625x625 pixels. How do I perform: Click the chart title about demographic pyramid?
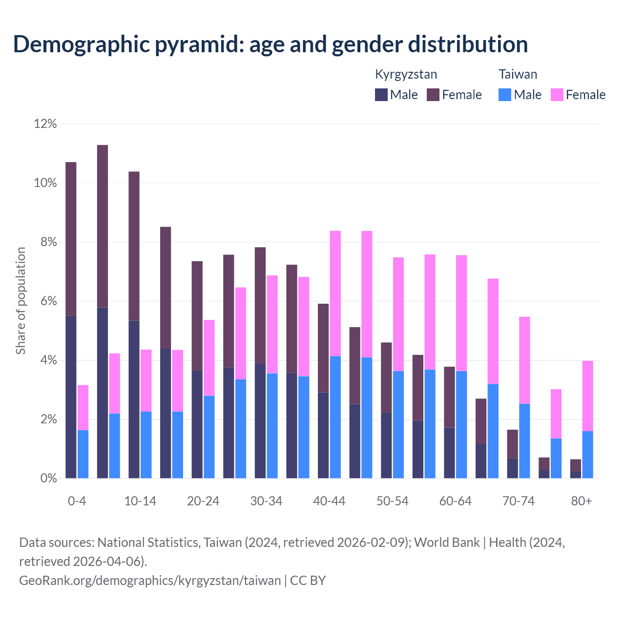click(271, 44)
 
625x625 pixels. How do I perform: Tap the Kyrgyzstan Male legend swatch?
click(381, 95)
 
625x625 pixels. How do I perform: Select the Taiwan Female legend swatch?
click(557, 95)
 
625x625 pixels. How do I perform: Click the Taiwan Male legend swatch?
click(505, 95)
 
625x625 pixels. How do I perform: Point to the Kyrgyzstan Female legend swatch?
click(434, 95)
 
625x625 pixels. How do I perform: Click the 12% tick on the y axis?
click(45, 124)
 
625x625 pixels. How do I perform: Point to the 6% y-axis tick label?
click(45, 302)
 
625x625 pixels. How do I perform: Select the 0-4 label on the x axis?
click(77, 501)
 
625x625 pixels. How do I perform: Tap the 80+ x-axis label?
click(582, 501)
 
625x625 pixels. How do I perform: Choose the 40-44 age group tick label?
click(329, 501)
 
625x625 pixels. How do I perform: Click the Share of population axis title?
click(21, 301)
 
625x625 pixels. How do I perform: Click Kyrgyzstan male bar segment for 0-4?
click(71, 396)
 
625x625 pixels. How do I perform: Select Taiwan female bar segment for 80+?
click(587, 396)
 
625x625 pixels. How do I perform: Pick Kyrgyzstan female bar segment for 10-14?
click(134, 246)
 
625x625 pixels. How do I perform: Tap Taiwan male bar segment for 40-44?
click(335, 417)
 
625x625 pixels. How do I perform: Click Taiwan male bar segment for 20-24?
click(209, 437)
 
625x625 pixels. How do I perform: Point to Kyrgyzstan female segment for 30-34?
click(260, 306)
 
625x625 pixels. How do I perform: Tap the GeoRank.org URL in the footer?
click(150, 581)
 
